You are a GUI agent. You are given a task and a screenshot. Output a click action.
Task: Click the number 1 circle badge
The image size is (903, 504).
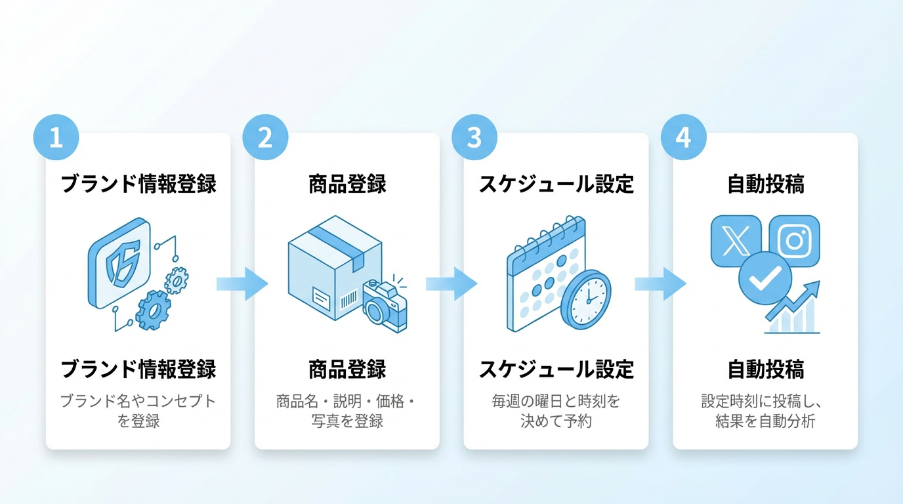(56, 138)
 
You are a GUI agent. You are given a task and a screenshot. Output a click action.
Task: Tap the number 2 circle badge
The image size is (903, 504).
(265, 138)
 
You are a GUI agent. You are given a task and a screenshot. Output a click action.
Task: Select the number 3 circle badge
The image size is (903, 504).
(474, 138)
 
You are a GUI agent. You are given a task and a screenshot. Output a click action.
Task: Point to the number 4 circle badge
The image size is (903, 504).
(683, 138)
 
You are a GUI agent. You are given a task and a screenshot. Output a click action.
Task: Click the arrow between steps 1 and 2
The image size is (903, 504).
(243, 283)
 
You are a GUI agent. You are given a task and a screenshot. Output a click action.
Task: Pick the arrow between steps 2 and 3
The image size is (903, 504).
(451, 283)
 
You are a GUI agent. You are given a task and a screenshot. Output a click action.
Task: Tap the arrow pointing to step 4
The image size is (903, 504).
(660, 283)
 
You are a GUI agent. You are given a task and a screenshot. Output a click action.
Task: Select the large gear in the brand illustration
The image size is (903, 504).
(153, 310)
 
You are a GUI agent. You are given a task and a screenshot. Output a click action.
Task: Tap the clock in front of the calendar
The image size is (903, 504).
(586, 299)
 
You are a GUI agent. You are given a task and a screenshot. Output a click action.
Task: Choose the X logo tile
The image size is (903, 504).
(736, 241)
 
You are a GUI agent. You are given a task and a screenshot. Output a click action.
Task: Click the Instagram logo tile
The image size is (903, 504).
(795, 241)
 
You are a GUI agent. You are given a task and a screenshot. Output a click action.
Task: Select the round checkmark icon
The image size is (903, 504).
(765, 278)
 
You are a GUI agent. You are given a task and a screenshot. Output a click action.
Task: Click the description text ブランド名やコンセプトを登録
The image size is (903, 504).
(138, 411)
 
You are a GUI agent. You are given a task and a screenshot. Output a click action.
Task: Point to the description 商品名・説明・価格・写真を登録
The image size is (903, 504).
(347, 411)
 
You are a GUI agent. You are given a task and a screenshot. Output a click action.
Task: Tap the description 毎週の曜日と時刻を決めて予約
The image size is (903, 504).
(556, 411)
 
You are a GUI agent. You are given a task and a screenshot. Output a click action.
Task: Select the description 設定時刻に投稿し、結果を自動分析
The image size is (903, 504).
(765, 411)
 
